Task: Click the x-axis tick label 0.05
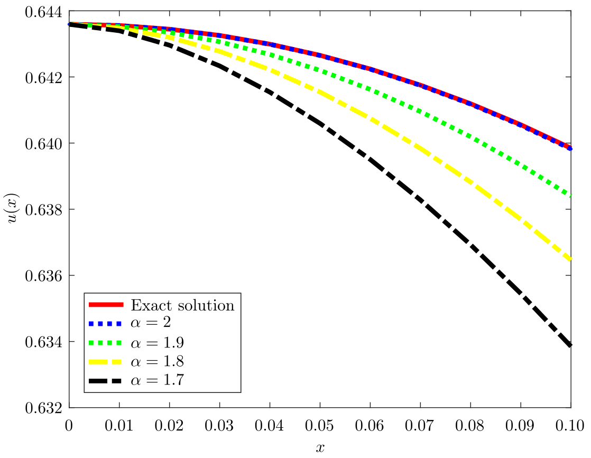(319, 424)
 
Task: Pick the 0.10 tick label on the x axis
(570, 424)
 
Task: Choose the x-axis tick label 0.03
(219, 424)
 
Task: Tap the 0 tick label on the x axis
(69, 424)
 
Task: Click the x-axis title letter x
(319, 448)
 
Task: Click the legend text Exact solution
(182, 305)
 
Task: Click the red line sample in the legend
(106, 305)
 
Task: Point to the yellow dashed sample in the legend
(106, 361)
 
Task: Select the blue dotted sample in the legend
(106, 324)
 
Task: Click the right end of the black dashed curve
(570, 345)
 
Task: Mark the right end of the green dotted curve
(570, 195)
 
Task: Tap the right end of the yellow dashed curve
(570, 259)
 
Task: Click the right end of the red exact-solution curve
(569, 148)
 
